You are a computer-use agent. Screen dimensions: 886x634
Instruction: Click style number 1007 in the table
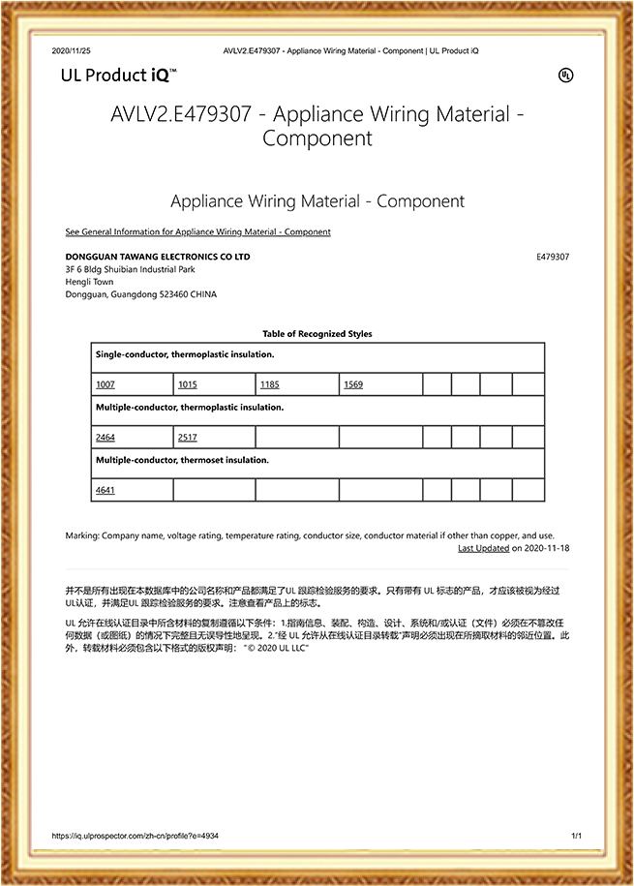105,384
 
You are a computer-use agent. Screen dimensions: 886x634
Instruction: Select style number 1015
188,384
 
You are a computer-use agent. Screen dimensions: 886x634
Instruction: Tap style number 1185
270,384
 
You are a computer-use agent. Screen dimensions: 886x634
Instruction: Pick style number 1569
352,384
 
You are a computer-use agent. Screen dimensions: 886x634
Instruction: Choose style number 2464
105,438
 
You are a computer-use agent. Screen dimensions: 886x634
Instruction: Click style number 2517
188,438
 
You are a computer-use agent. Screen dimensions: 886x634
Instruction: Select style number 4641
105,490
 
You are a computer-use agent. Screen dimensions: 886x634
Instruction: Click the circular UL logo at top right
566,76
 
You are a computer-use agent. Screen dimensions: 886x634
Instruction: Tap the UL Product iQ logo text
118,76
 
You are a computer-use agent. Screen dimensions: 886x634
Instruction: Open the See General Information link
197,232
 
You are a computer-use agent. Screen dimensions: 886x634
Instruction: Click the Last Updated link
483,548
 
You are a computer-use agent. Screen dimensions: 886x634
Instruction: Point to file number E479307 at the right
552,257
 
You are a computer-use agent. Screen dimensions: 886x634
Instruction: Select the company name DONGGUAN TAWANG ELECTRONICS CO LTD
157,257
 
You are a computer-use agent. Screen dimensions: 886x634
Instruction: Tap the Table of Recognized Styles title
317,334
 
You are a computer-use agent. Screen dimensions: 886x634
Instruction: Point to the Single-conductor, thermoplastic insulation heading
184,355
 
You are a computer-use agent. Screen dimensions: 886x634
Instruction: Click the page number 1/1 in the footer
576,835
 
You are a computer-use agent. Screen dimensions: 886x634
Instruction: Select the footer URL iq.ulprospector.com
135,835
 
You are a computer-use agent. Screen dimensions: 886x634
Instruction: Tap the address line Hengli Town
89,282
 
